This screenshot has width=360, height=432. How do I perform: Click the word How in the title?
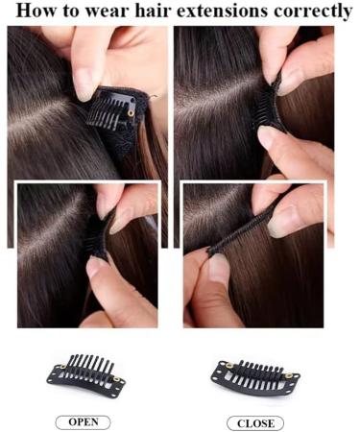click(37, 12)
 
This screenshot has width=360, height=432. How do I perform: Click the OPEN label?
click(83, 421)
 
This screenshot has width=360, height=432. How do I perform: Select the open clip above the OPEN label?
click(84, 372)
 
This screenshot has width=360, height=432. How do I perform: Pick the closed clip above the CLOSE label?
click(253, 373)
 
